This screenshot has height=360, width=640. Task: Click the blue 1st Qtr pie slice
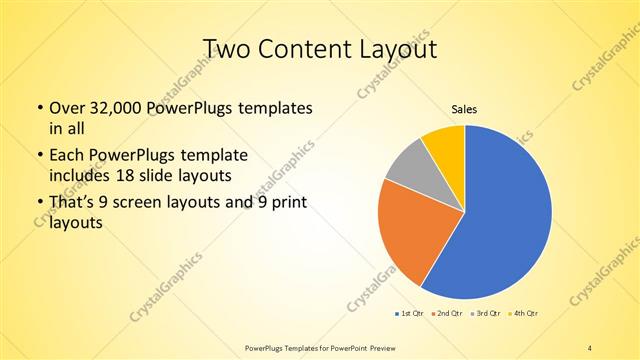[x=505, y=220]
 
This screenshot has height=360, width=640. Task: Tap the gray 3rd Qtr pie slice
[x=408, y=169]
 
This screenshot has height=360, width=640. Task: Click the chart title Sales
[x=464, y=108]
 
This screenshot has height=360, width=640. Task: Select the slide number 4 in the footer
[x=591, y=346]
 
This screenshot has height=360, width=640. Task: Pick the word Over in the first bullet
[x=67, y=108]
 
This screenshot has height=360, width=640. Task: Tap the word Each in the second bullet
[x=67, y=156]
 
